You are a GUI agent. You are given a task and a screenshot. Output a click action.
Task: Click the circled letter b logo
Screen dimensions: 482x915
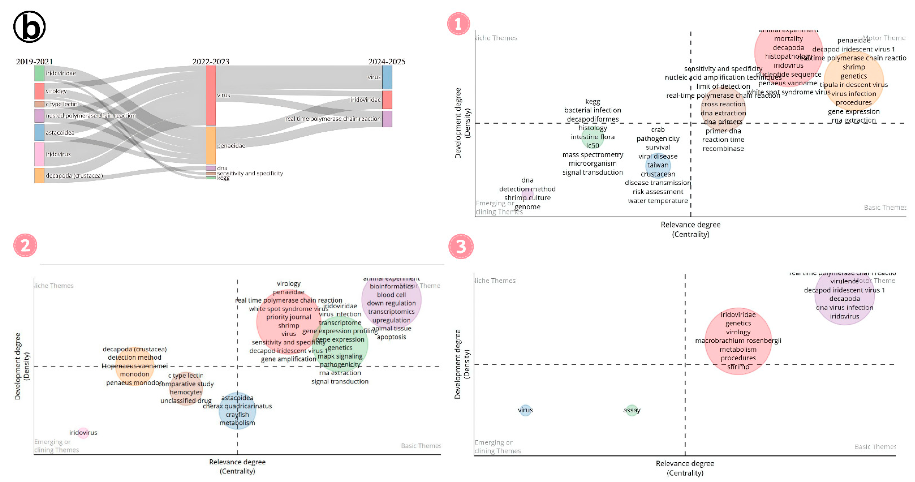29,27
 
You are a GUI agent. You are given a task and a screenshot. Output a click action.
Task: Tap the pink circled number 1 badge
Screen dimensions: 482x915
458,24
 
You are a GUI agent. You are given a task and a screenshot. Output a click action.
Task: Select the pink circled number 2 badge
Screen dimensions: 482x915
25,245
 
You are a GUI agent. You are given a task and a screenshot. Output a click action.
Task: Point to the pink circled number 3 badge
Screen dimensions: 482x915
461,246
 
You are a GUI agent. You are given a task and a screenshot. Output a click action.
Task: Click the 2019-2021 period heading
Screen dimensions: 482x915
34,62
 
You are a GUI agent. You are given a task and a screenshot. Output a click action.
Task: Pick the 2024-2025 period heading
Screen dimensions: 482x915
387,62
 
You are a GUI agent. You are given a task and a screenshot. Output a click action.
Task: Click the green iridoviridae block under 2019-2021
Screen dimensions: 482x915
39,73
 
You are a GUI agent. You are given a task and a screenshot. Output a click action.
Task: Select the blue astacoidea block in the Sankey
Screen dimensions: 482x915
39,132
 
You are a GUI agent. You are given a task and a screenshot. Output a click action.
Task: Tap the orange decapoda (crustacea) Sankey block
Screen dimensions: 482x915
39,175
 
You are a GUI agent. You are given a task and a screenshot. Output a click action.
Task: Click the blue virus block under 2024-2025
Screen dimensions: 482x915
387,77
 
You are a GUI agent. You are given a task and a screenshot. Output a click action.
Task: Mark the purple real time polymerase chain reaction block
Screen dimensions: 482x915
387,119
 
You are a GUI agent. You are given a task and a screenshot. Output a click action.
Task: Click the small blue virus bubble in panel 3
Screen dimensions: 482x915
525,410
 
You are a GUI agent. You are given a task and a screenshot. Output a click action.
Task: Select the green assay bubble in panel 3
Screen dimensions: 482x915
632,410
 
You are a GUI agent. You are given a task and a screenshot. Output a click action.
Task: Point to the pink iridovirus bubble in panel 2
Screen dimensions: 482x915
83,433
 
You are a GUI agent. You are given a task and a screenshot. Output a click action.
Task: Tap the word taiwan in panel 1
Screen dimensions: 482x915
658,165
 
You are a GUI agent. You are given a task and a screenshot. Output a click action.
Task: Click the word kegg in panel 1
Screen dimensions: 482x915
592,102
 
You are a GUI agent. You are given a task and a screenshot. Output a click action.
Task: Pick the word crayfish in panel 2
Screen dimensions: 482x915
237,415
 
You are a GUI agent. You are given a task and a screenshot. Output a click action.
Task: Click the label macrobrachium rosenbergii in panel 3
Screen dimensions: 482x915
738,341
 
